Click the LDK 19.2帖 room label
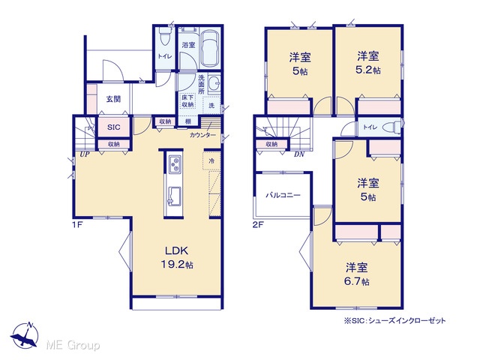[177, 257]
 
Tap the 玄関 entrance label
[113, 99]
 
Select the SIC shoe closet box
[113, 127]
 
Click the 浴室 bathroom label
[188, 45]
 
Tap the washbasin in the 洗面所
[214, 83]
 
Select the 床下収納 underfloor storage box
[187, 101]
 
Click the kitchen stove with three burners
[175, 164]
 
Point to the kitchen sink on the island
[174, 195]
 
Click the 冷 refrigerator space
[211, 160]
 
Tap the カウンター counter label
[202, 135]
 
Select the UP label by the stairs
[85, 154]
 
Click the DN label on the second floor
[299, 154]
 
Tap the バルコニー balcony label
[283, 195]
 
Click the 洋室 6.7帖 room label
[357, 274]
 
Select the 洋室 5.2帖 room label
[368, 63]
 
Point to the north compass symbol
[25, 335]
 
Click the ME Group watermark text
[73, 346]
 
